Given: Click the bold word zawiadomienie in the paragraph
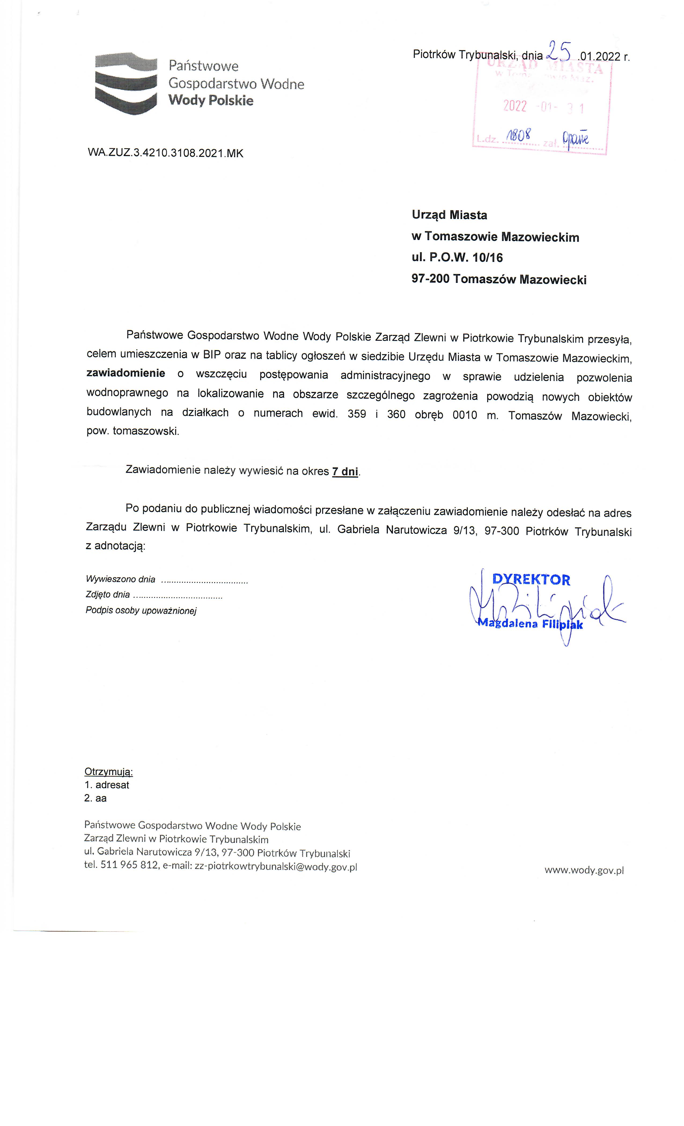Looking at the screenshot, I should [126, 373].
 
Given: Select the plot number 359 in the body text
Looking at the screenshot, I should [357, 414].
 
